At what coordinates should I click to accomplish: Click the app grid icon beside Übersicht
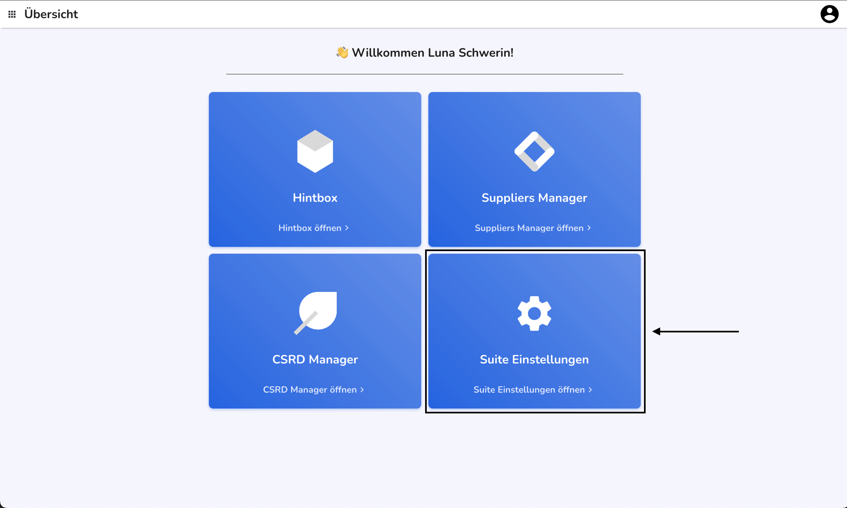click(12, 14)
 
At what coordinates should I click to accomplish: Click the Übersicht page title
click(51, 14)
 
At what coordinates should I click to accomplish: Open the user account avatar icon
click(829, 14)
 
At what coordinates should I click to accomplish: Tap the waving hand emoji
click(342, 52)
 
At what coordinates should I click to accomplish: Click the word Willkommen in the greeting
click(388, 53)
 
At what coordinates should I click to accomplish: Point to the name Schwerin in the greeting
click(486, 53)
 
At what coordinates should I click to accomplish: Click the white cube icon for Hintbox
click(315, 151)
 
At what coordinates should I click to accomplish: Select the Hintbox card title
click(315, 198)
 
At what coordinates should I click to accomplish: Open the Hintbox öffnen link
click(313, 228)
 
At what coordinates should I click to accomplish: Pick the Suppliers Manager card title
click(534, 198)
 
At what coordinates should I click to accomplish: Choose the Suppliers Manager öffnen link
click(533, 228)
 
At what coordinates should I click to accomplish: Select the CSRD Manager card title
click(315, 359)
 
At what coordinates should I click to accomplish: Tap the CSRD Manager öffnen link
click(313, 389)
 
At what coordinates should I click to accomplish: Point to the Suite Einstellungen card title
click(534, 359)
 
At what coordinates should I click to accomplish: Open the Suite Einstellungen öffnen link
click(533, 389)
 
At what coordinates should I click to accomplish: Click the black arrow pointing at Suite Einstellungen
click(695, 331)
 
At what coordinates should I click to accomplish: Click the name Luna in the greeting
click(441, 53)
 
